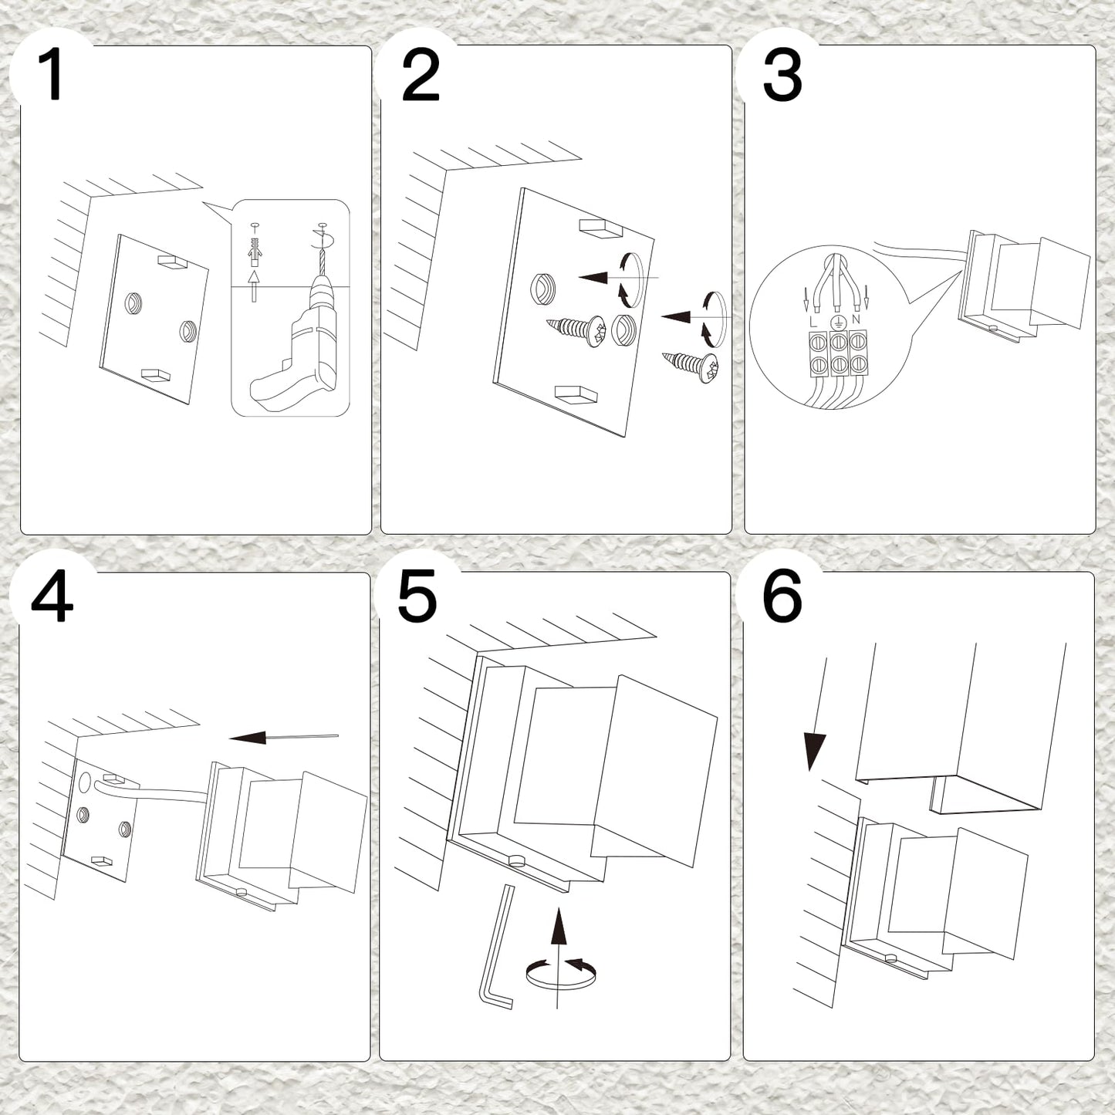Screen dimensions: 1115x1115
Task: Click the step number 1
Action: pyautogui.click(x=51, y=75)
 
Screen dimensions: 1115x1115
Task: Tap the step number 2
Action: pyautogui.click(x=421, y=75)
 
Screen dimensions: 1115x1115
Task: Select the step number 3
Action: pyautogui.click(x=782, y=75)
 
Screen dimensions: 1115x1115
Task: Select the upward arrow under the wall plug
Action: pyautogui.click(x=253, y=286)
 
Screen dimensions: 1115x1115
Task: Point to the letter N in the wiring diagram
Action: pyautogui.click(x=856, y=319)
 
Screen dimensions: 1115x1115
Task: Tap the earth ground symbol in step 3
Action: pyautogui.click(x=836, y=323)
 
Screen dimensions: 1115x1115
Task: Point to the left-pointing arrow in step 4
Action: pyautogui.click(x=283, y=737)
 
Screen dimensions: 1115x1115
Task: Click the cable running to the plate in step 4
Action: pyautogui.click(x=151, y=788)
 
